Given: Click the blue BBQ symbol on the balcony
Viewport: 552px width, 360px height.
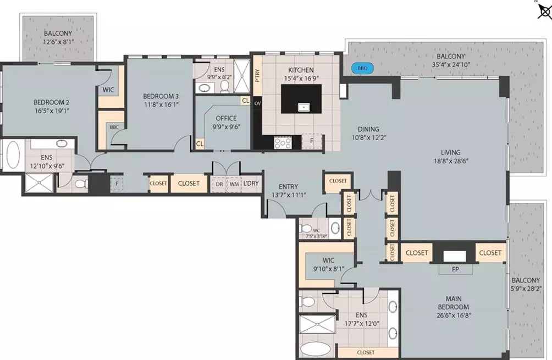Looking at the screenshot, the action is pyautogui.click(x=362, y=68).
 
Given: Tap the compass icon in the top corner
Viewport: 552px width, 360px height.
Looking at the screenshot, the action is pyautogui.click(x=545, y=12).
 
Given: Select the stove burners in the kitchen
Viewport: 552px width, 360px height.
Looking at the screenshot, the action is pyautogui.click(x=283, y=143).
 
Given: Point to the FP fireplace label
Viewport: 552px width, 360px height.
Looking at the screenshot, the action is pyautogui.click(x=455, y=269).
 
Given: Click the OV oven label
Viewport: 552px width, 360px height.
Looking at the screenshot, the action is pyautogui.click(x=258, y=103).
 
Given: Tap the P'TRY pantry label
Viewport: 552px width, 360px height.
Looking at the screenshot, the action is pyautogui.click(x=258, y=75).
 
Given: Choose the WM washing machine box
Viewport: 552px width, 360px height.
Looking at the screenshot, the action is pyautogui.click(x=234, y=184).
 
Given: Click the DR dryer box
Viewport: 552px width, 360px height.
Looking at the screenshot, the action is pyautogui.click(x=219, y=184).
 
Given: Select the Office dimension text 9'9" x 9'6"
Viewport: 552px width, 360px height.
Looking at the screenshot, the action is pyautogui.click(x=227, y=126).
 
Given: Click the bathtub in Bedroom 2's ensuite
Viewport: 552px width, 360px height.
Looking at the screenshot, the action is pyautogui.click(x=13, y=155).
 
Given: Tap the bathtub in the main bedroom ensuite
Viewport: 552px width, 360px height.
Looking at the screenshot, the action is pyautogui.click(x=316, y=349).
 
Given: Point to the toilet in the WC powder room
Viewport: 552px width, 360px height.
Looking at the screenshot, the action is pyautogui.click(x=305, y=228).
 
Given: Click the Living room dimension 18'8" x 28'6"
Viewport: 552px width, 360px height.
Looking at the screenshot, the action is pyautogui.click(x=451, y=161).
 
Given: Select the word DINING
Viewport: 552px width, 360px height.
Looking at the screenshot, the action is pyautogui.click(x=368, y=129).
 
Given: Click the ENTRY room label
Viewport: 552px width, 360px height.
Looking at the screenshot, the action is pyautogui.click(x=288, y=186).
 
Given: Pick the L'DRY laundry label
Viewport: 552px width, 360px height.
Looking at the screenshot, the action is pyautogui.click(x=251, y=184).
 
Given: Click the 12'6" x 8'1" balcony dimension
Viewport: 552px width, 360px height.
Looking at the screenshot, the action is pyautogui.click(x=58, y=42).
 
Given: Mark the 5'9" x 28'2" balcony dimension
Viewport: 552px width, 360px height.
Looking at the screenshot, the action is pyautogui.click(x=526, y=289).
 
